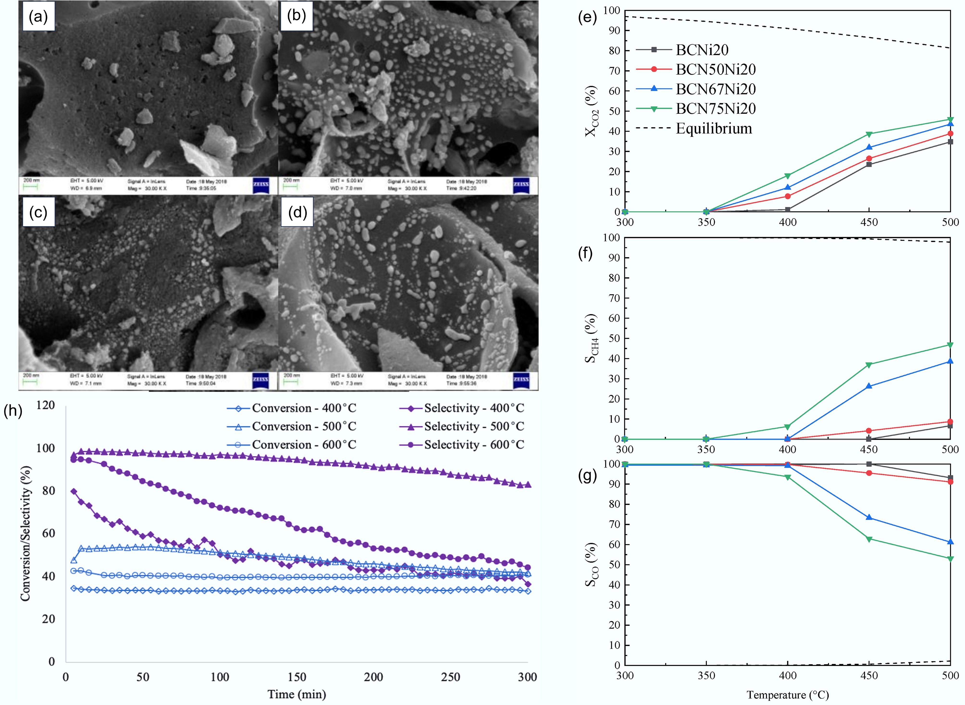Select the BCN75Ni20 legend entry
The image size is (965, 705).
tap(715, 109)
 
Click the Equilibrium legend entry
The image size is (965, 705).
tap(714, 129)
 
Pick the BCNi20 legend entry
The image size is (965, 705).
tap(702, 50)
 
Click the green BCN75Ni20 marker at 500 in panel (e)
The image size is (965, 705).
tap(950, 119)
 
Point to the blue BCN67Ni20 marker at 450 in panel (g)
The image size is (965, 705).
tap(869, 518)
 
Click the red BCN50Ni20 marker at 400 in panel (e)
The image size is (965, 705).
tap(787, 196)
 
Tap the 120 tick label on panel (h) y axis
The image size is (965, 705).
tap(45, 405)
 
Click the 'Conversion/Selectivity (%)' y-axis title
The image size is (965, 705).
tap(26, 533)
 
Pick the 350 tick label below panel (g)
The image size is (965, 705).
tap(706, 675)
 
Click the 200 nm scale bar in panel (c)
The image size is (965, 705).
tap(30, 379)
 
